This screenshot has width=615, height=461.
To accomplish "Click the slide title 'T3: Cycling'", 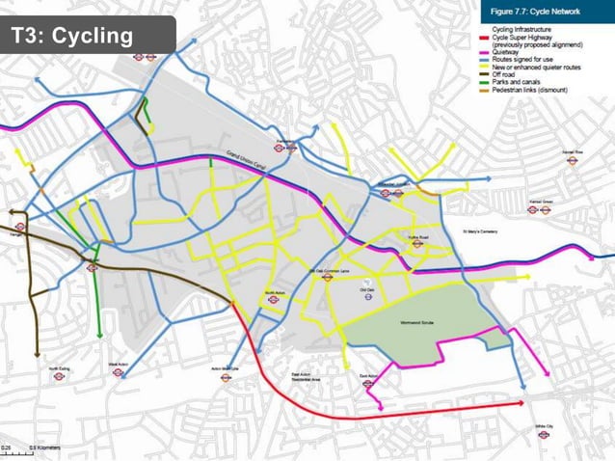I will click(x=71, y=37).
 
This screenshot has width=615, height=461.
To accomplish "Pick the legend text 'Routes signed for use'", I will click(x=528, y=60).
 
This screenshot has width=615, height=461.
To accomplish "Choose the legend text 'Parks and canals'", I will click(x=521, y=82).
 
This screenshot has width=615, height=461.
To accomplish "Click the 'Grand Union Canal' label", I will click(x=246, y=161).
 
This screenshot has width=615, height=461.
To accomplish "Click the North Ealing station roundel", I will click(x=59, y=376).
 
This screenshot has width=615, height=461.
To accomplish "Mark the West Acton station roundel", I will click(x=119, y=372).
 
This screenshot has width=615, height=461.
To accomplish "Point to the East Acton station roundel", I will click(x=369, y=384).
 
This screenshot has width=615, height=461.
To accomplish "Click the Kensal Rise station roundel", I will click(x=573, y=160).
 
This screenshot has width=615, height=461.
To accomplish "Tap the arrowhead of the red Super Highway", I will click(x=521, y=398).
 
